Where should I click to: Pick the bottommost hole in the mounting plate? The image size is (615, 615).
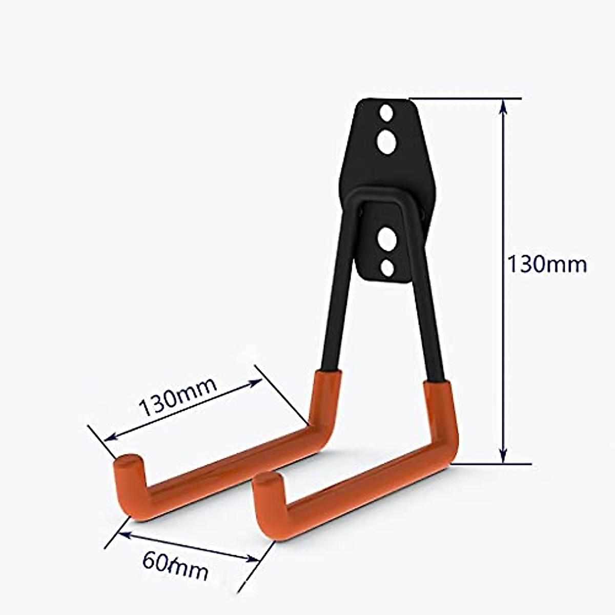pos(388,268)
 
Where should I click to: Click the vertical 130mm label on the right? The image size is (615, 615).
pos(546,264)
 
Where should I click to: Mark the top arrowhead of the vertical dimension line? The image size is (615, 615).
pos(503,105)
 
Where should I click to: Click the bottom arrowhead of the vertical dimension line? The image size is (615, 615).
pos(503,456)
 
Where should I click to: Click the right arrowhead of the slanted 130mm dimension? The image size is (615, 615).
pos(256,382)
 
